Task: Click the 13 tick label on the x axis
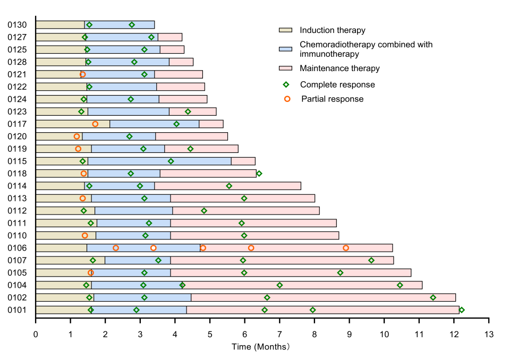[489, 334]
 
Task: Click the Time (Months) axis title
[260, 347]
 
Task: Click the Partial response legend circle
[287, 99]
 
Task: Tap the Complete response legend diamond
[287, 84]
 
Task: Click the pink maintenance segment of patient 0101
[323, 310]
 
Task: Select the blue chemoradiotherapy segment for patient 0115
[159, 161]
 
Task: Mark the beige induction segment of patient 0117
[73, 124]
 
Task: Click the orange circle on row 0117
[95, 124]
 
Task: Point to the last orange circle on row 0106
[346, 248]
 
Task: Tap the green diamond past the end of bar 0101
[462, 310]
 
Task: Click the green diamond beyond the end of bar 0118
[259, 174]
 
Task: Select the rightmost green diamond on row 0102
[433, 297]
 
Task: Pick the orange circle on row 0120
[77, 136]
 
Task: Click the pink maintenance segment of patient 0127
[170, 37]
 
